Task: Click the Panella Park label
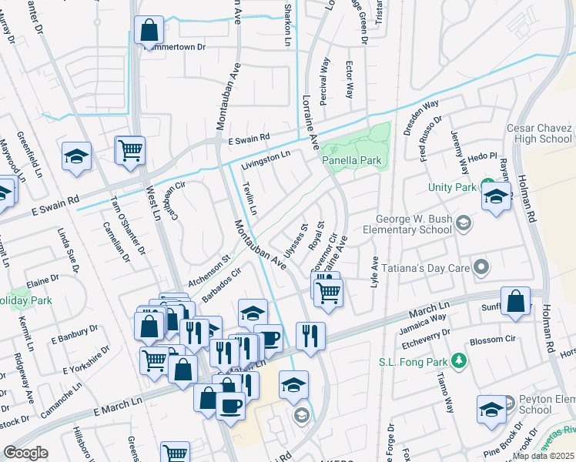[352, 160]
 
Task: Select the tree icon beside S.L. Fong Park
[459, 360]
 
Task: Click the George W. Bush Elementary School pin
[463, 223]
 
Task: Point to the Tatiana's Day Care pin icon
[482, 267]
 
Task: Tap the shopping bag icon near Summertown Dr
[149, 31]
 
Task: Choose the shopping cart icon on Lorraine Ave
[329, 293]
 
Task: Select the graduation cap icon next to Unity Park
[497, 196]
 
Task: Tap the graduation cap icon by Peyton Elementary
[491, 410]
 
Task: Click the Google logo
[25, 453]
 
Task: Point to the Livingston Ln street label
[265, 160]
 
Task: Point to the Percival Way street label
[326, 75]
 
